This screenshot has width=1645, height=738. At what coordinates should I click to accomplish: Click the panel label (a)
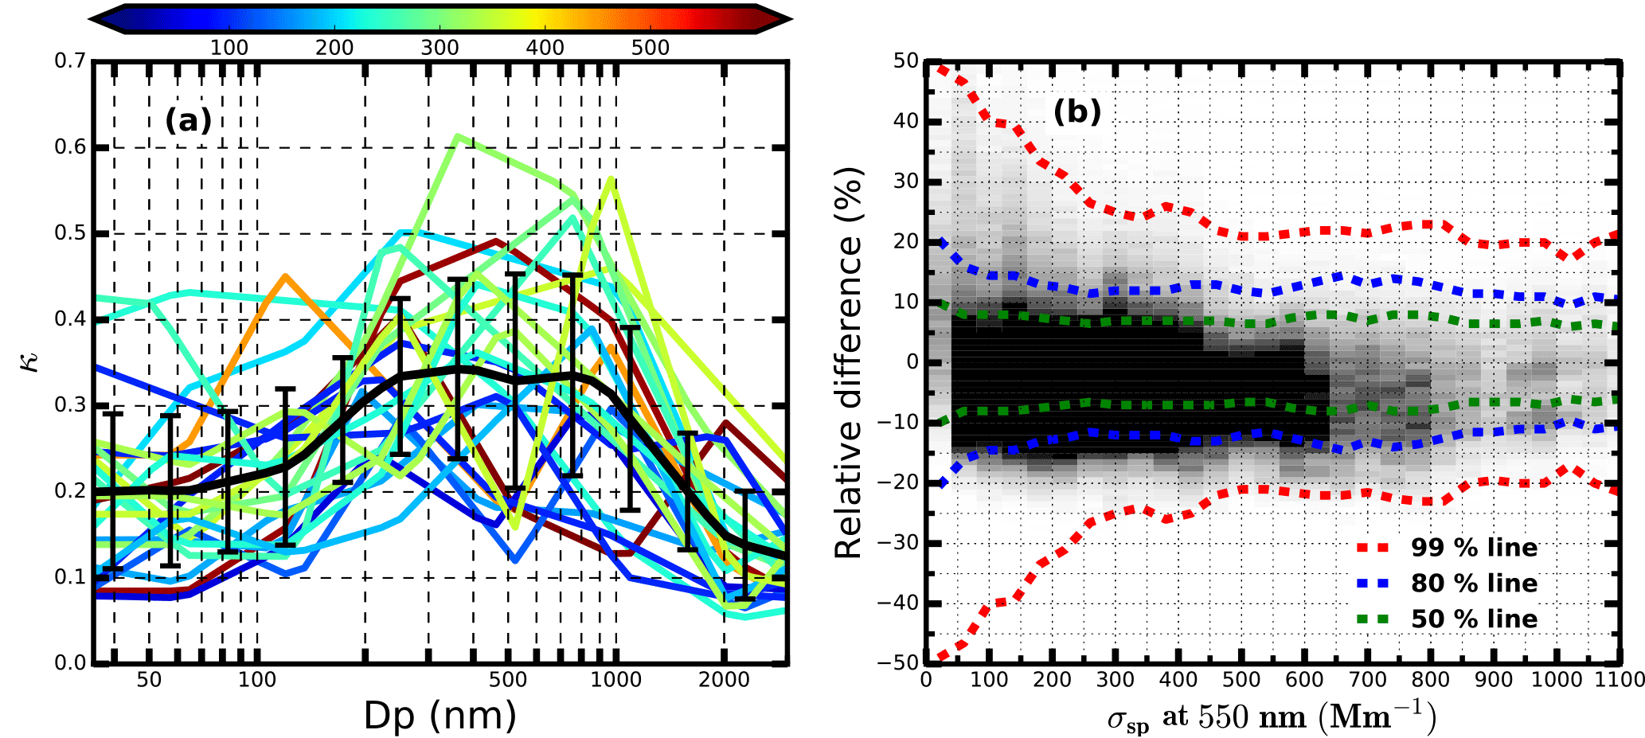(188, 120)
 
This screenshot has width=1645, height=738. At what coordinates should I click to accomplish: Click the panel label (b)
(1077, 111)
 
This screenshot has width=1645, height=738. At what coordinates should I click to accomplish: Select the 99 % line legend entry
(1474, 548)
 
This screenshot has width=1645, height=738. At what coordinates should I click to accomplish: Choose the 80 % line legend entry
(1474, 584)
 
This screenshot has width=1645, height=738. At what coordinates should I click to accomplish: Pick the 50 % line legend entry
(1474, 619)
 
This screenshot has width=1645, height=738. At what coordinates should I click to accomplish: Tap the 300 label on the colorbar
(440, 48)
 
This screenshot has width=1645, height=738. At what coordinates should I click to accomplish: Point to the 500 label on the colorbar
(651, 48)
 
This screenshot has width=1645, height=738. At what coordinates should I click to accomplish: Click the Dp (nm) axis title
(440, 715)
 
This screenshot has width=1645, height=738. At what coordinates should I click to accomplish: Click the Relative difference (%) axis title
(849, 362)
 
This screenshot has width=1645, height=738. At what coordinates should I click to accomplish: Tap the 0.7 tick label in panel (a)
(70, 61)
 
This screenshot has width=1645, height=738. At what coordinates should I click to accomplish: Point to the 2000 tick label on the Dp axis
(724, 680)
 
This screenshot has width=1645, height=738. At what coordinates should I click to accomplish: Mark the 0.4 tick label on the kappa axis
(70, 319)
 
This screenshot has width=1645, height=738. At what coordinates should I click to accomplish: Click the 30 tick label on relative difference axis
(905, 182)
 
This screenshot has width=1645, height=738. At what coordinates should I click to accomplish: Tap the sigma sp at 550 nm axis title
(1272, 717)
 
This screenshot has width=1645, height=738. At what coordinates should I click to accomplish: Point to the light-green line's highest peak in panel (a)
(457, 135)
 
